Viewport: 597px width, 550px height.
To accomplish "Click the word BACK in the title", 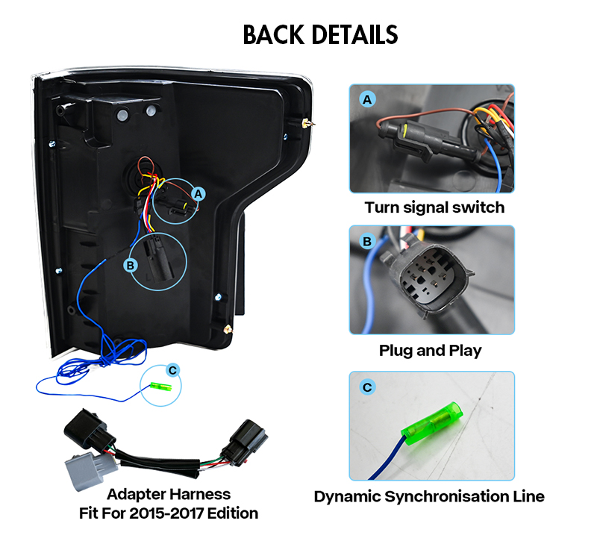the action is pyautogui.click(x=273, y=34).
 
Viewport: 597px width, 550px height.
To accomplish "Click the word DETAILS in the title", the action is pyautogui.click(x=355, y=34).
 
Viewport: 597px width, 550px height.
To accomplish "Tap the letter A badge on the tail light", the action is pyautogui.click(x=198, y=194).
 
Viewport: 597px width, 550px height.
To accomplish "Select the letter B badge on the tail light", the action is pyautogui.click(x=131, y=265).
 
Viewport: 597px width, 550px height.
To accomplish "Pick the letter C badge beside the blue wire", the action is pyautogui.click(x=173, y=370).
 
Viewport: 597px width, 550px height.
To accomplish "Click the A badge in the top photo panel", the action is pyautogui.click(x=367, y=99).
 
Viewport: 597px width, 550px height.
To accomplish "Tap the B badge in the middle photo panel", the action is pyautogui.click(x=367, y=241).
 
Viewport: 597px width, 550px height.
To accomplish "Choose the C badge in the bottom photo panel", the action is pyautogui.click(x=367, y=387).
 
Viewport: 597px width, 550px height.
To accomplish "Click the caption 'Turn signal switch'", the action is pyautogui.click(x=434, y=207).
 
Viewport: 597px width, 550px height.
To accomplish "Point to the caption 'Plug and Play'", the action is pyautogui.click(x=431, y=351).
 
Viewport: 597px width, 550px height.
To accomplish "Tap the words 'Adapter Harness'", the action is pyautogui.click(x=169, y=495).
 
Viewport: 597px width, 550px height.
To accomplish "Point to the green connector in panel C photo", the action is pyautogui.click(x=432, y=423).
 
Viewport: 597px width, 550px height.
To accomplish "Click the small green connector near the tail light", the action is pyautogui.click(x=161, y=387).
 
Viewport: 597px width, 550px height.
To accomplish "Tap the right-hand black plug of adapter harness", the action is pyautogui.click(x=245, y=443).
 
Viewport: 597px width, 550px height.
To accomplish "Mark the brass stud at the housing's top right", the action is pyautogui.click(x=307, y=123).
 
